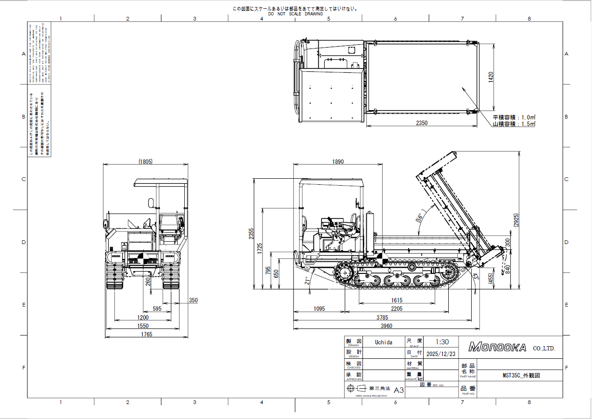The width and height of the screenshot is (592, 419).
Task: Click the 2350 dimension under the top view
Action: click(422, 123)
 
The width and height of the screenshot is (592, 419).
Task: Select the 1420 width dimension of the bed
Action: click(490, 77)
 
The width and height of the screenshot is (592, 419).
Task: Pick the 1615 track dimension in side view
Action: click(397, 300)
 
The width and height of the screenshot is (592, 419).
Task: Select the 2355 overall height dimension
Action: click(251, 233)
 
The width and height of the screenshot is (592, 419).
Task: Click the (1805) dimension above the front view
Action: click(146, 161)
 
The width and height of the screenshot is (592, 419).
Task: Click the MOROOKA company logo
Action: click(497, 348)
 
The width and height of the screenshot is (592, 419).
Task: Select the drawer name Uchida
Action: click(383, 342)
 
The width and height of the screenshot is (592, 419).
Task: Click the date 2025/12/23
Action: click(441, 354)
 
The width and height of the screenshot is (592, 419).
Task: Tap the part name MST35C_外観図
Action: click(521, 375)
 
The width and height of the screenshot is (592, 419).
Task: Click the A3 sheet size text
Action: click(399, 390)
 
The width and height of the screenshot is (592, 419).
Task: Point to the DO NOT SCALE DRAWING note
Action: click(295, 14)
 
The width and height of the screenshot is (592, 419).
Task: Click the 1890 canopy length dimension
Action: click(338, 161)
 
